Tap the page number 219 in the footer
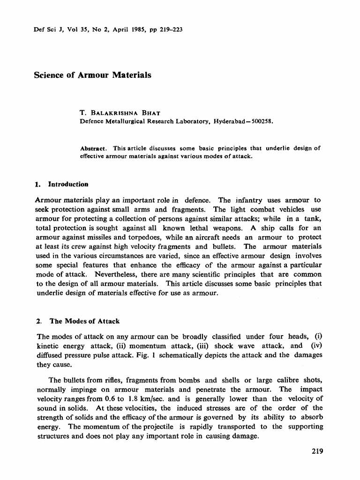[317, 452]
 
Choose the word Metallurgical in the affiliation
[125, 121]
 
